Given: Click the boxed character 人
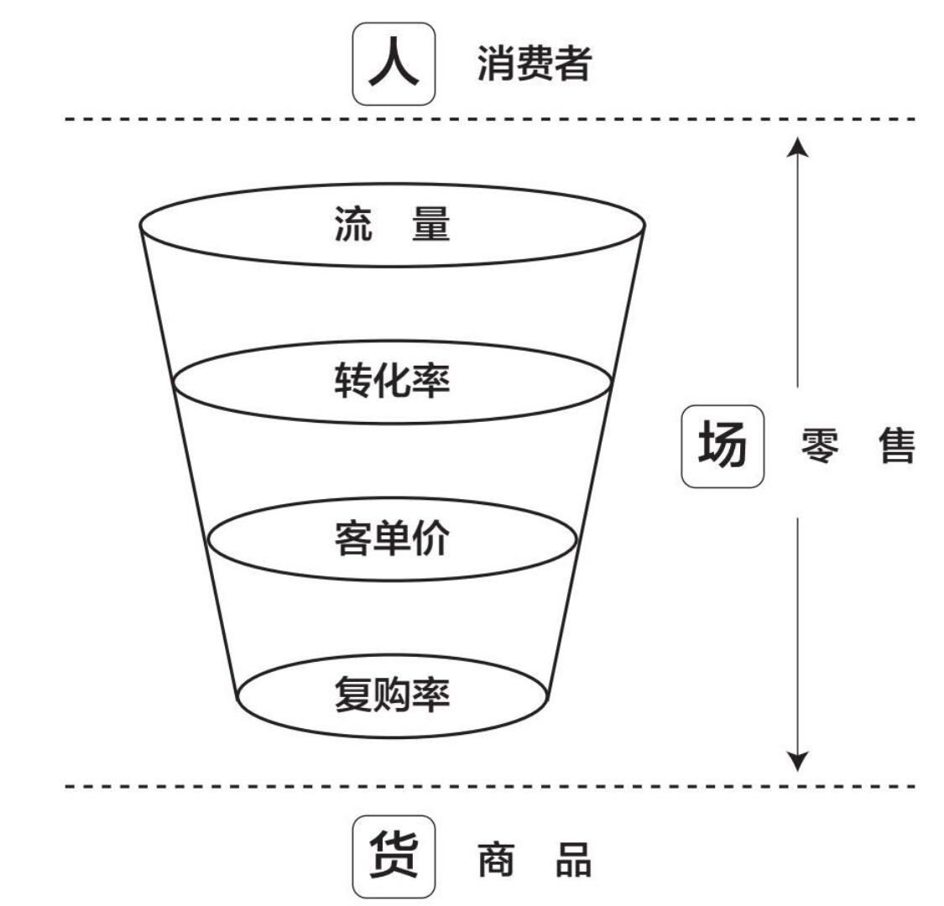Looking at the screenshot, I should (x=394, y=64).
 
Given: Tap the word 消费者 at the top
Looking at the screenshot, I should (x=535, y=64).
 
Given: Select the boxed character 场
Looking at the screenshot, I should (x=722, y=445).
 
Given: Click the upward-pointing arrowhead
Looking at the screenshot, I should (x=799, y=148).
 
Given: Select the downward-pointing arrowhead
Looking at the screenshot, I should (x=799, y=760).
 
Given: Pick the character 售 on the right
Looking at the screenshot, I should (x=894, y=446).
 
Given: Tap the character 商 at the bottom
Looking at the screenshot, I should (x=497, y=859).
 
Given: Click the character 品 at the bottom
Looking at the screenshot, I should (x=573, y=859).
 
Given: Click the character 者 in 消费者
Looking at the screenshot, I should (x=573, y=64).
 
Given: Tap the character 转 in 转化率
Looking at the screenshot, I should (x=353, y=383).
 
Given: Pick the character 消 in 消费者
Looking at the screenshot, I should (x=496, y=64).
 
